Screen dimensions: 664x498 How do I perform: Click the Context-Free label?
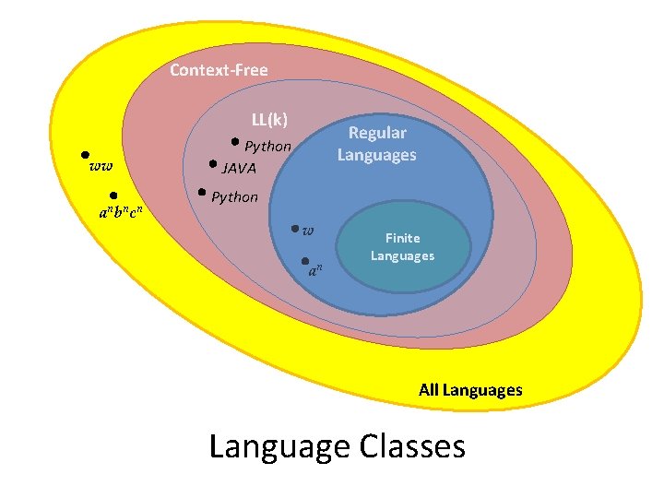pos(219,70)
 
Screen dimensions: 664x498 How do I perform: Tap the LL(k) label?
pos(269,120)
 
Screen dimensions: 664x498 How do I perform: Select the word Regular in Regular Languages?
pos(377,134)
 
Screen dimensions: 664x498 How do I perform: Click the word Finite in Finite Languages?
pos(402,238)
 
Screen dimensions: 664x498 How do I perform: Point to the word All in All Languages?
pos(428,390)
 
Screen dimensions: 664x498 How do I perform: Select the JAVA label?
pos(239,169)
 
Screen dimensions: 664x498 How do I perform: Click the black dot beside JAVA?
pos(213,166)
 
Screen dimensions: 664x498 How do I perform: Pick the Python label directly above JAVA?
pos(267,147)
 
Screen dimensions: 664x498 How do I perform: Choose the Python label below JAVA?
pos(235,197)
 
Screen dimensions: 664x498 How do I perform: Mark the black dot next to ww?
pos(84,156)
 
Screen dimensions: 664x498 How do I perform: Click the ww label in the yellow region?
pos(101,167)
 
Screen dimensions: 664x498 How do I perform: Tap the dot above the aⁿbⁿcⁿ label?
pos(112,195)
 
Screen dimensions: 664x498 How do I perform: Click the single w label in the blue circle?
pos(308,230)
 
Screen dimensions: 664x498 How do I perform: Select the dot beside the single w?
pos(293,227)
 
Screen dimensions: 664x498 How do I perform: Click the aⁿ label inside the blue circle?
pos(315,270)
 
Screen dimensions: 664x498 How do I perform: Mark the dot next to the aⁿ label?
pos(305,262)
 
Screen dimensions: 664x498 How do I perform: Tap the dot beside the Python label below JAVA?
pos(202,194)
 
